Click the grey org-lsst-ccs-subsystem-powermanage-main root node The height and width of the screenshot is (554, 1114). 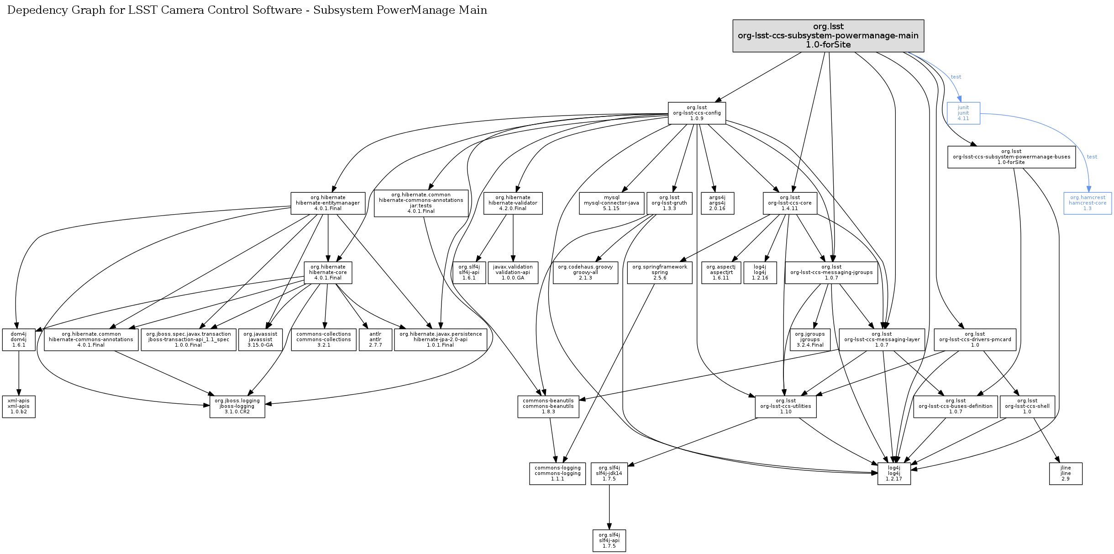[x=828, y=36]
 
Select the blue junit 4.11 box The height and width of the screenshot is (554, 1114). [x=963, y=113]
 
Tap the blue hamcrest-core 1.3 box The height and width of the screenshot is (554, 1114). [x=1087, y=203]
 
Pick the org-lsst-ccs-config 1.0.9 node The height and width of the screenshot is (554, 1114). [x=696, y=113]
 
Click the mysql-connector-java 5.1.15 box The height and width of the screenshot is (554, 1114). [x=611, y=203]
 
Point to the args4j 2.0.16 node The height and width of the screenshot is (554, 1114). [x=717, y=203]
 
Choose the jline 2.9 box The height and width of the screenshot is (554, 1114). [x=1065, y=474]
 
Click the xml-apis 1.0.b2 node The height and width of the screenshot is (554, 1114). [x=19, y=406]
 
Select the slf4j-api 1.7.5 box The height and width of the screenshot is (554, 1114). [x=609, y=541]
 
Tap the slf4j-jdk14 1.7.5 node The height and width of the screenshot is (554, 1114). [x=609, y=474]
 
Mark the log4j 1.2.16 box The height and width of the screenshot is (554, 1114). [x=760, y=273]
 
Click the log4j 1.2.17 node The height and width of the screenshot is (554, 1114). [x=893, y=474]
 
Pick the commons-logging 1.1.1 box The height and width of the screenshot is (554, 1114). [x=557, y=474]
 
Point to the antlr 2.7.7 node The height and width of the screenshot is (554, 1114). [x=375, y=340]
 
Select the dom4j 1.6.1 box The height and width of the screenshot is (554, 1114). [x=19, y=340]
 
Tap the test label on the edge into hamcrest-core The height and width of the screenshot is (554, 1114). [x=1092, y=157]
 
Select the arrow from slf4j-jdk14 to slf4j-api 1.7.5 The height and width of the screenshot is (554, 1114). [x=609, y=507]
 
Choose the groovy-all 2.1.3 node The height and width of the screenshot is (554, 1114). [x=585, y=273]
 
